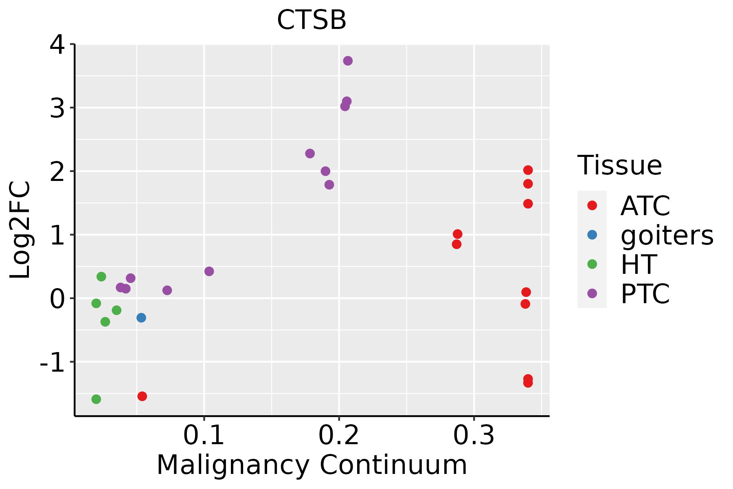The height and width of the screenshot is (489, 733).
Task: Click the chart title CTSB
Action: click(312, 20)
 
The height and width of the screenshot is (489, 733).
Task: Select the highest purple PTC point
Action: click(348, 61)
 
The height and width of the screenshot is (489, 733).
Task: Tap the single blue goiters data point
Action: click(141, 317)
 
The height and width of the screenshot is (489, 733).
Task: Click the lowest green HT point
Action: click(96, 399)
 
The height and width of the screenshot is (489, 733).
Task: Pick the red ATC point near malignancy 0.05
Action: click(142, 396)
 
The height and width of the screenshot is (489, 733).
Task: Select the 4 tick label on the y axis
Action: click(57, 45)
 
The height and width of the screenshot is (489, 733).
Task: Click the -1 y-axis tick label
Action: click(52, 362)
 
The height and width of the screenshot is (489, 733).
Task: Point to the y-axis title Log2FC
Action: click(20, 230)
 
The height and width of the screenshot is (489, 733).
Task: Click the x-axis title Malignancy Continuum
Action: click(312, 465)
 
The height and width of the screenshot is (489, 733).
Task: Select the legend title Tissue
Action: click(620, 165)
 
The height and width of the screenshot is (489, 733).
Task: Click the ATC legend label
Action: click(645, 206)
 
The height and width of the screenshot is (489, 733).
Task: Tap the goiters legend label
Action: click(667, 235)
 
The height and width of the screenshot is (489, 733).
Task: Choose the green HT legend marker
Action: click(592, 264)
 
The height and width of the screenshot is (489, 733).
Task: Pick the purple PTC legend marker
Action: click(592, 293)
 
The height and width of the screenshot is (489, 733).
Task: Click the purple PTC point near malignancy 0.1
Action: click(209, 271)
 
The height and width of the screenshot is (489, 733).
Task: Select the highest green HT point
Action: click(101, 277)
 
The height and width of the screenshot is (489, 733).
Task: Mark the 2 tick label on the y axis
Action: click(57, 171)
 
